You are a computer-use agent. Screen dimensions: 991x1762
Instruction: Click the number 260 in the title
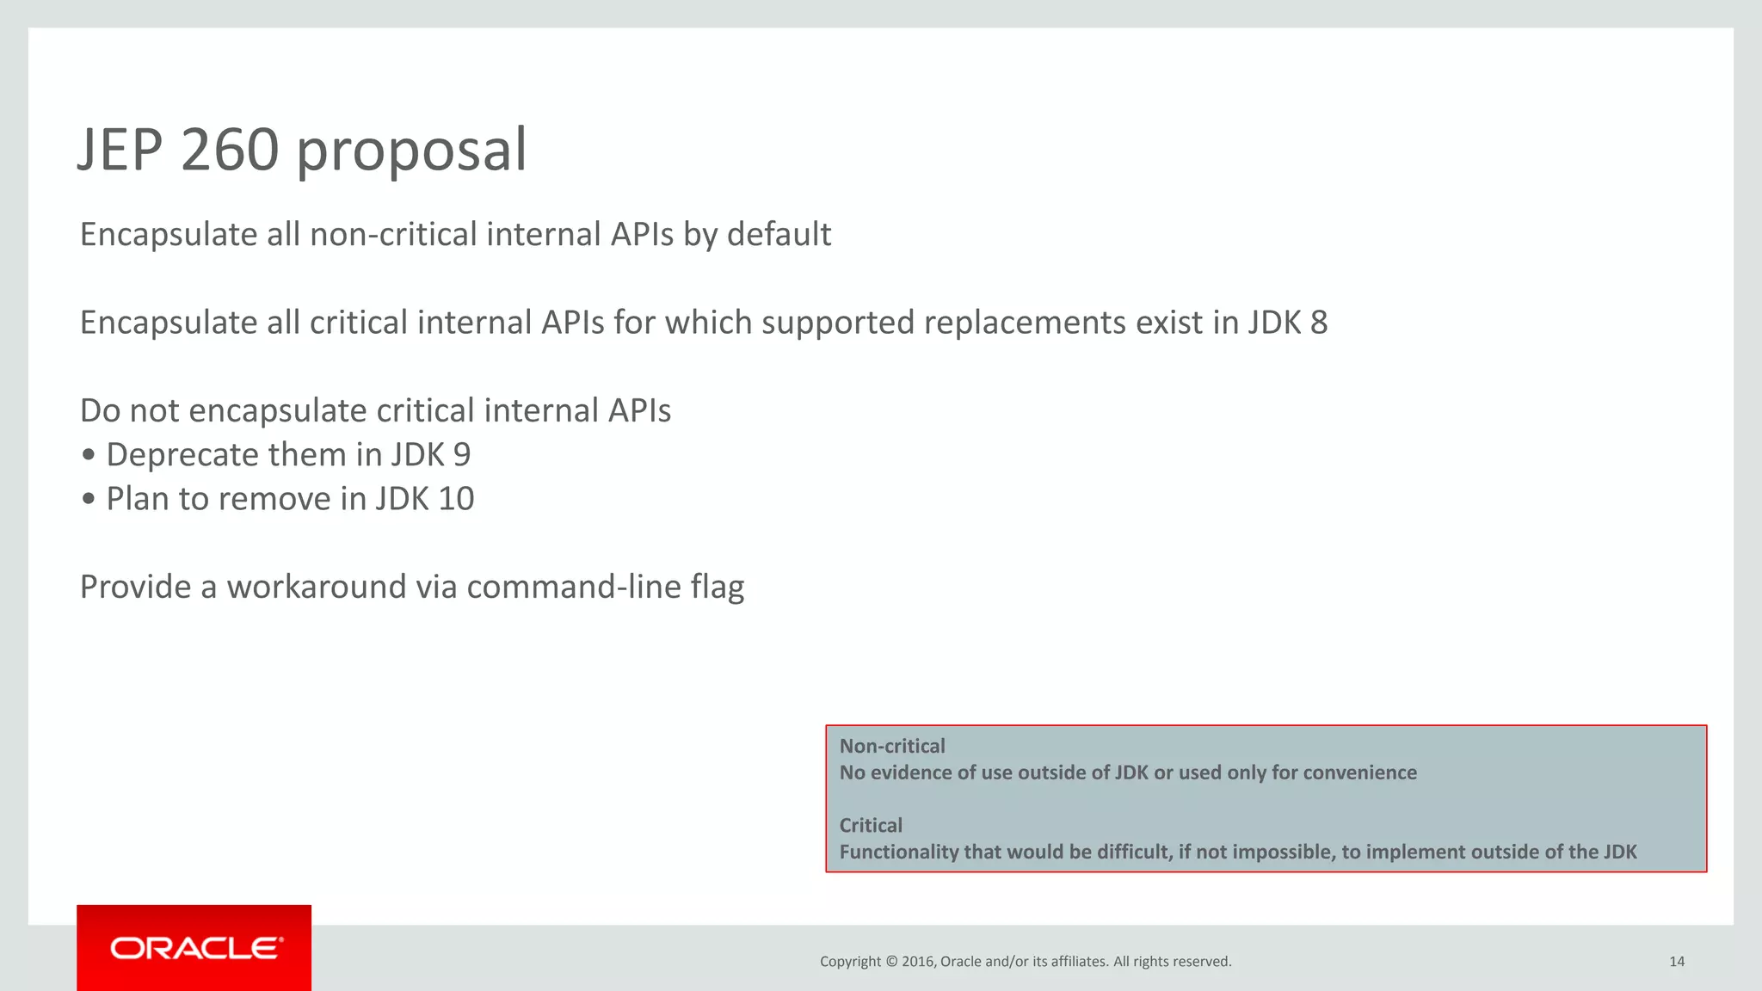[230, 150]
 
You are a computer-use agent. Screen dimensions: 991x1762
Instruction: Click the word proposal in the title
[411, 153]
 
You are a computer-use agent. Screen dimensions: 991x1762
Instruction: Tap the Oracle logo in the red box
[195, 948]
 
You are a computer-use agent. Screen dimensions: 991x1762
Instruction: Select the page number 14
[1676, 962]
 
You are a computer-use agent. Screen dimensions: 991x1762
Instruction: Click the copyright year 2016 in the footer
[917, 962]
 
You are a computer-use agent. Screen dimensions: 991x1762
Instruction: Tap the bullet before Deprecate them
[89, 456]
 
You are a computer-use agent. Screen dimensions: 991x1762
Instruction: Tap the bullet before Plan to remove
[89, 500]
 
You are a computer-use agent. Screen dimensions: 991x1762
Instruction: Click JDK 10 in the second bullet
[425, 499]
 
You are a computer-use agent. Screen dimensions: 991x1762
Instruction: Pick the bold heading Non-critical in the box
[891, 746]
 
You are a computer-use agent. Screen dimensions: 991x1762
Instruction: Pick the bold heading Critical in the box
[871, 825]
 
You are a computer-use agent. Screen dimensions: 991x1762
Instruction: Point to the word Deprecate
[182, 455]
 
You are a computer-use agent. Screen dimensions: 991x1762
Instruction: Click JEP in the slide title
[120, 150]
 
